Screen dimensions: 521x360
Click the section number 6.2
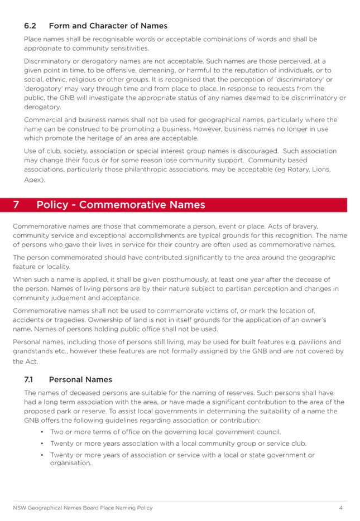coord(30,26)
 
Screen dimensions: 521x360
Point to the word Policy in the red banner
coord(52,205)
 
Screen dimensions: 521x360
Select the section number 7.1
coord(28,379)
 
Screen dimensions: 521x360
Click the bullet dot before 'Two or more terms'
coord(43,432)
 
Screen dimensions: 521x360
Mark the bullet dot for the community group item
coord(43,443)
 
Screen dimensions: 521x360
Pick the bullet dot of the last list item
coord(43,455)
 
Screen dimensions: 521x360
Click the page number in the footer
coord(340,508)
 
